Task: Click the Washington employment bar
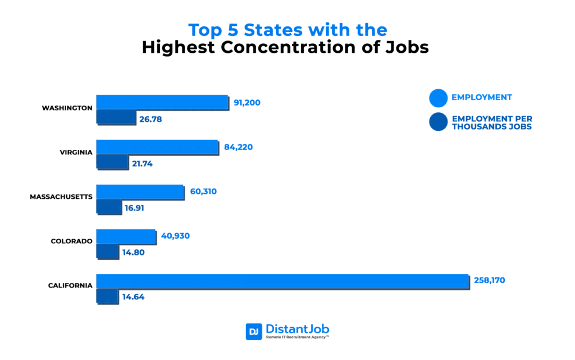point(162,102)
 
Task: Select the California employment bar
point(282,281)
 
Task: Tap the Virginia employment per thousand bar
point(112,161)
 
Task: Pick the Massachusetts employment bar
point(140,192)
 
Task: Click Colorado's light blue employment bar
point(126,236)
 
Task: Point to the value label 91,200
point(247,103)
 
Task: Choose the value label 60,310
point(203,192)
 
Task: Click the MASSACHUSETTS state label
point(61,196)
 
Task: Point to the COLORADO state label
point(71,241)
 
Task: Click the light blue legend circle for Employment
point(438,98)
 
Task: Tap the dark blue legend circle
point(438,122)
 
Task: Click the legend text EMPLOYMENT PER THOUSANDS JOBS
point(492,122)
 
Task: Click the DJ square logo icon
point(254,332)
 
